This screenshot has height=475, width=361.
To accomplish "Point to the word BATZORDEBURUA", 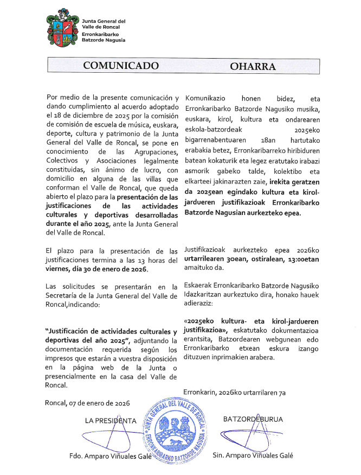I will pyautogui.click(x=253, y=419).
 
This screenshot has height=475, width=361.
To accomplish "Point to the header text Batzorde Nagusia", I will pyautogui.click(x=103, y=40).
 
